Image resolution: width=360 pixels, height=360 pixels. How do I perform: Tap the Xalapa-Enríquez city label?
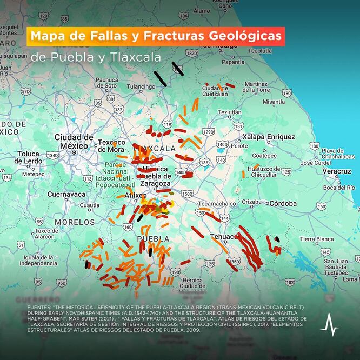coord(269,137)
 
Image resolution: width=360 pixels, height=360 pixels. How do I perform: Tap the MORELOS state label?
coord(75,222)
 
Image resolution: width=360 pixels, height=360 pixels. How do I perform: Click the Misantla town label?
coord(274,101)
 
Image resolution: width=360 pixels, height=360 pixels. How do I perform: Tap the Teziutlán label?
coord(229,112)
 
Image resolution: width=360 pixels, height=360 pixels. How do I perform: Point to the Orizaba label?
coord(251,202)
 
